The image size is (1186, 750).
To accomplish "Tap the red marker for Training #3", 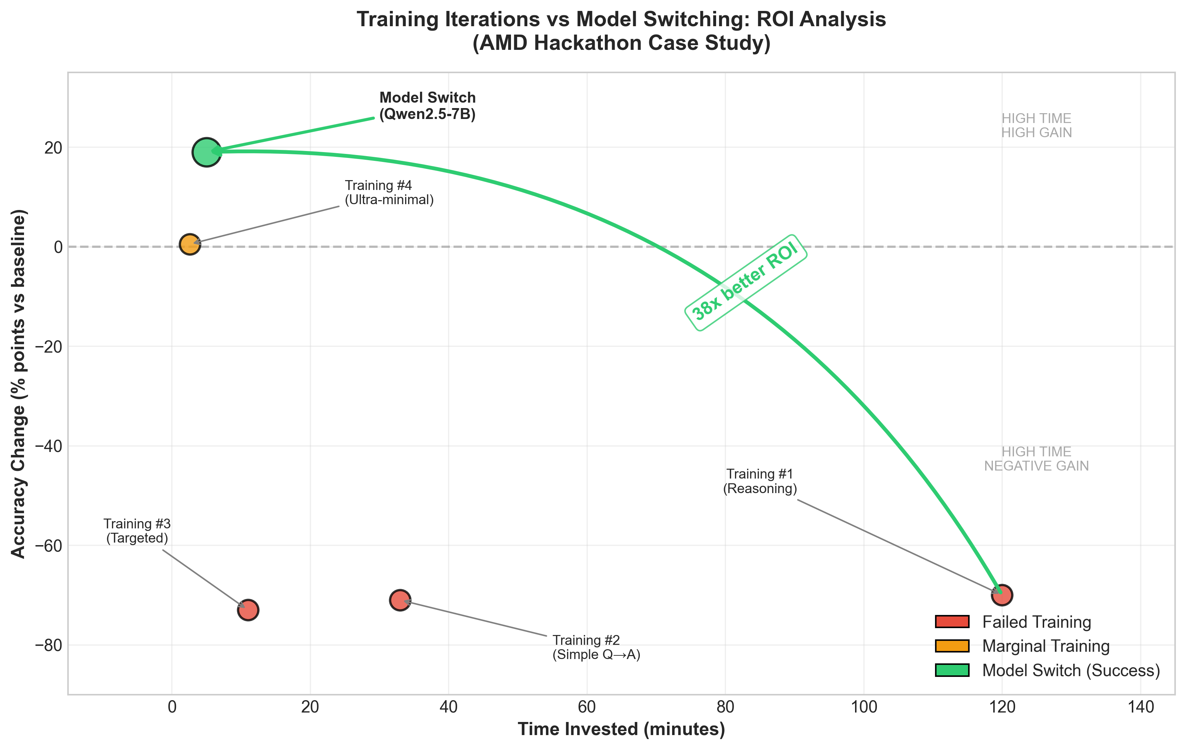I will (x=248, y=610).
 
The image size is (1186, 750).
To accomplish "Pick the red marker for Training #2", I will (x=400, y=600).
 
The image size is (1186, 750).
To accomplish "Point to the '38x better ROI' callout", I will (x=745, y=282).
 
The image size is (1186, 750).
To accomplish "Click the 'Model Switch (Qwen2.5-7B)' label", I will (x=427, y=106).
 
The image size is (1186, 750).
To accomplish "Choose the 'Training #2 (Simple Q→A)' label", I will (x=596, y=647).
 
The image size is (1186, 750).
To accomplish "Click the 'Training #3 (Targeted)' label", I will (x=137, y=531).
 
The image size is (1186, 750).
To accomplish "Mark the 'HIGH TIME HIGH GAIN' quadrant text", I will (x=1036, y=126).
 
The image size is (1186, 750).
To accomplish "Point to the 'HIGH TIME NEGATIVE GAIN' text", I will (x=1036, y=459).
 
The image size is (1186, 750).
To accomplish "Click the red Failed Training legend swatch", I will (x=951, y=622).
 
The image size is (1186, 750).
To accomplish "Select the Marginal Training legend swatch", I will (x=951, y=646).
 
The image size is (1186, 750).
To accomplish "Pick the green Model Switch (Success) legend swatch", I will (x=951, y=670).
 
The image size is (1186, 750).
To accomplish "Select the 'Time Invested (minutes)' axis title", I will (x=621, y=729).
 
